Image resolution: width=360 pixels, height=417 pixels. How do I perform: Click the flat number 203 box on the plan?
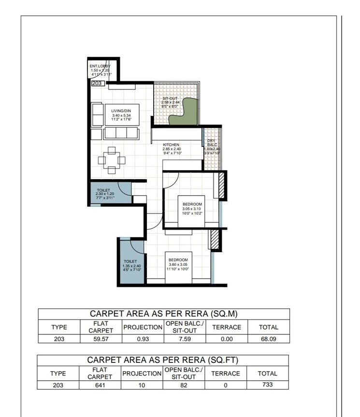pyautogui.click(x=97, y=83)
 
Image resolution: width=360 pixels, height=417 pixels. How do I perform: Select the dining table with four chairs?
pyautogui.click(x=112, y=159)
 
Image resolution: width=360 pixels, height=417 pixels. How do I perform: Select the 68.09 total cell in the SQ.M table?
pyautogui.click(x=268, y=339)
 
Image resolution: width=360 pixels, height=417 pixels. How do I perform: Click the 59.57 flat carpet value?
pyautogui.click(x=101, y=339)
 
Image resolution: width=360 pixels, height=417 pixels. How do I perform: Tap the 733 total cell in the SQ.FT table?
pyautogui.click(x=267, y=385)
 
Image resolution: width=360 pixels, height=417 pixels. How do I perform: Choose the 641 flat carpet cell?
pyautogui.click(x=101, y=385)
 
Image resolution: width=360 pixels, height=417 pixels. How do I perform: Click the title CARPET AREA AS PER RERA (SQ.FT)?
pyautogui.click(x=162, y=360)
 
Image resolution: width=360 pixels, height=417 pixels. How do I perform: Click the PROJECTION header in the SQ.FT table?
pyautogui.click(x=142, y=373)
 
